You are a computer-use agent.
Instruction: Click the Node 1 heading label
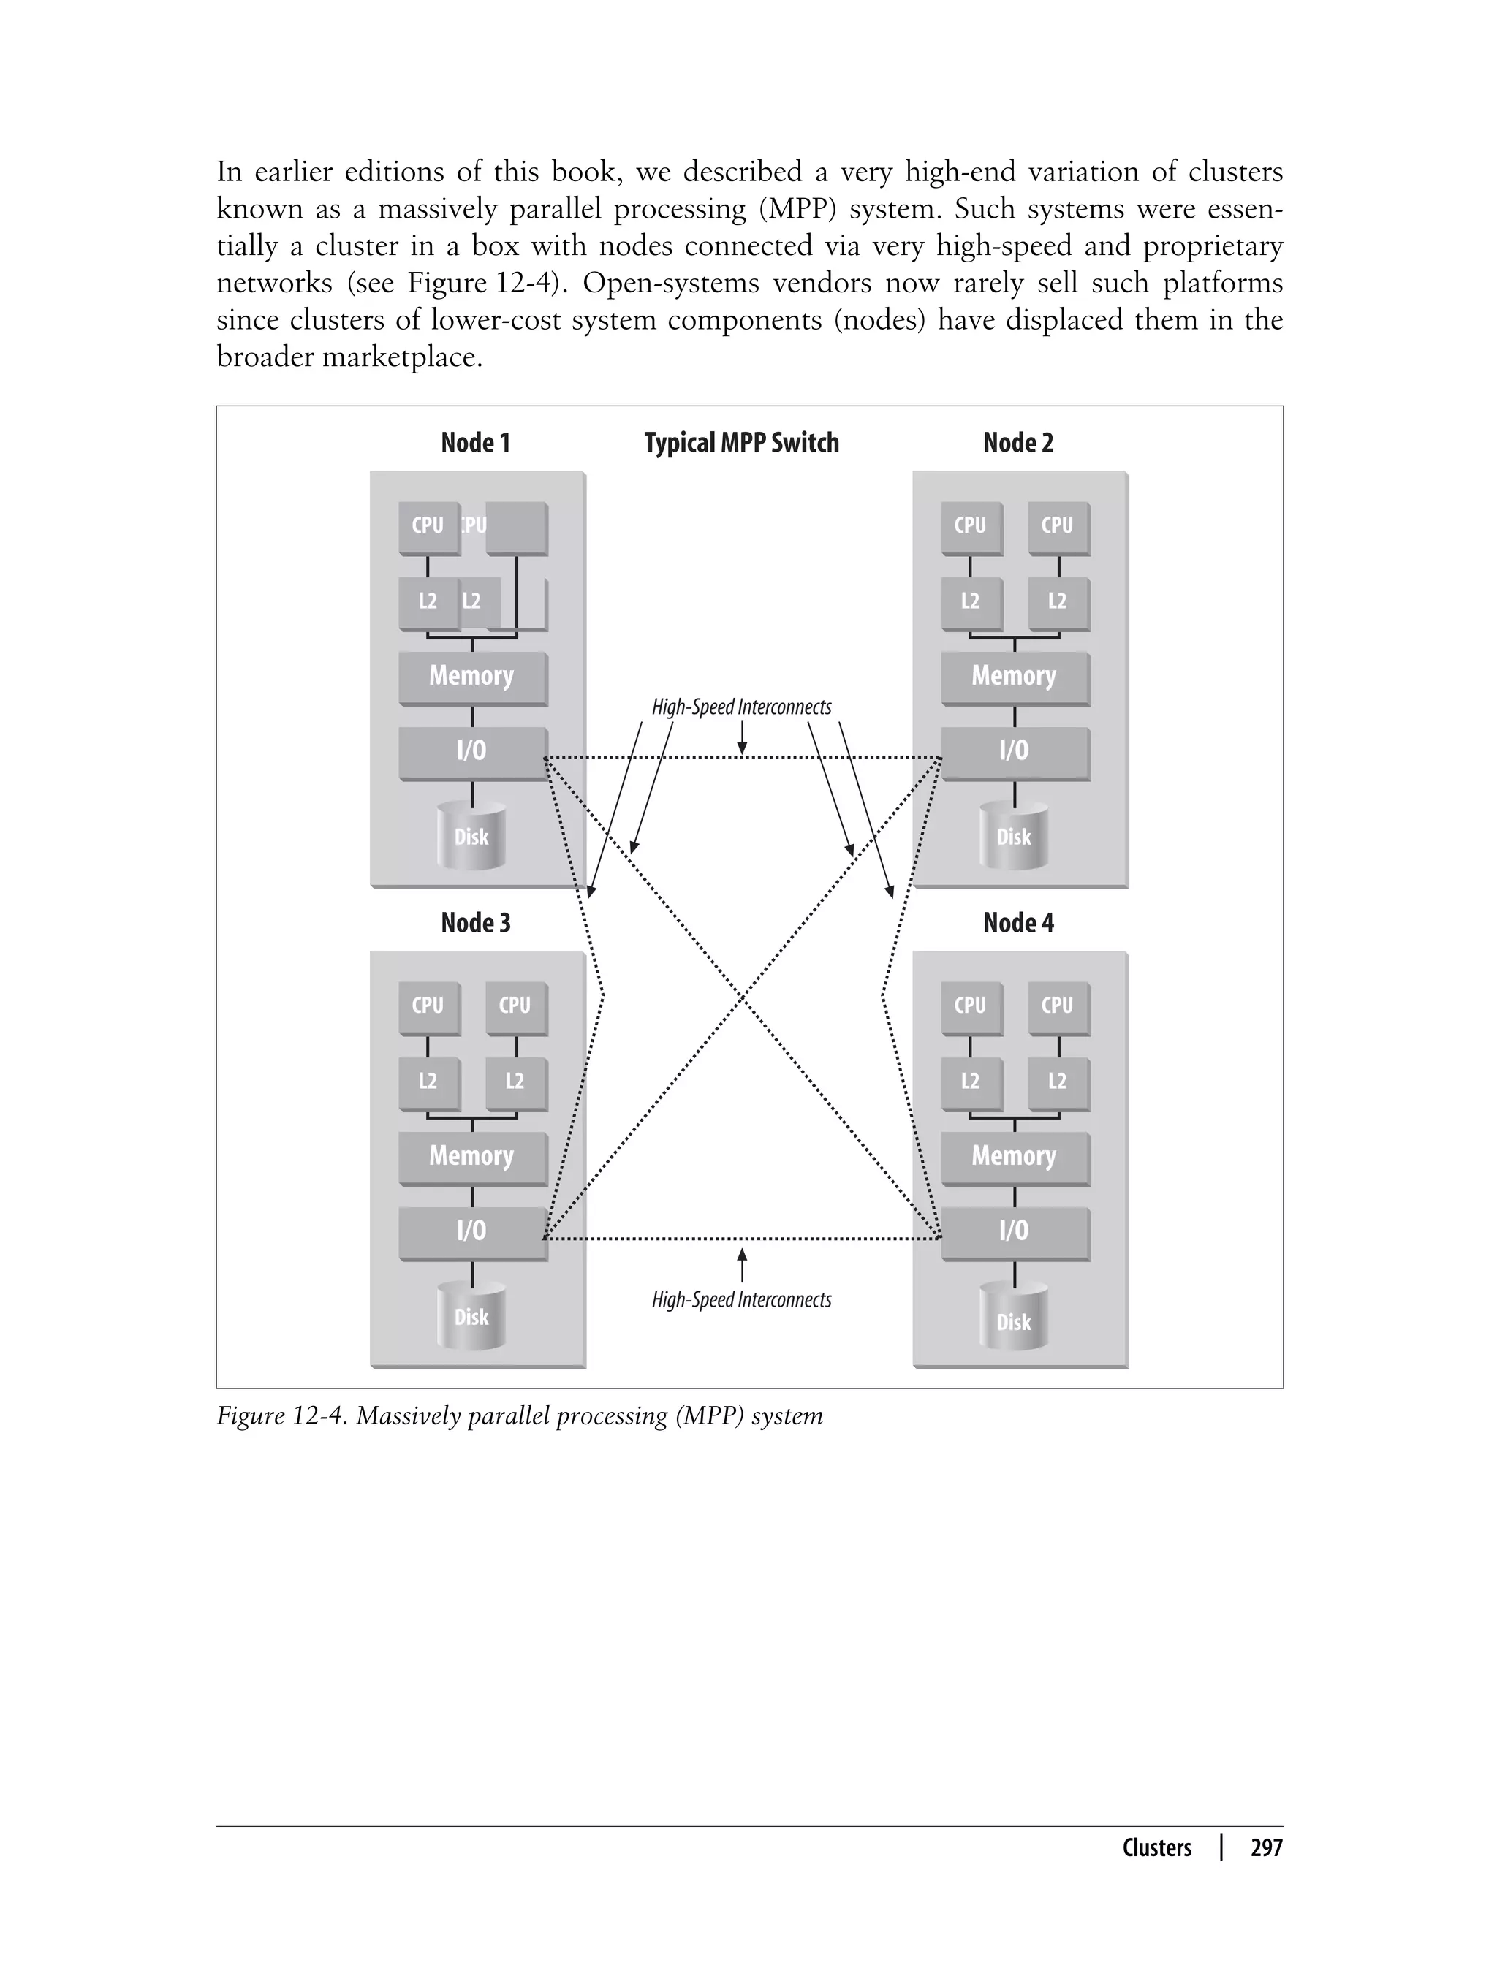[475, 443]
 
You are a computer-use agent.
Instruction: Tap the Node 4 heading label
[1017, 923]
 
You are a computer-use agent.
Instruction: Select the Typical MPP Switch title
[741, 443]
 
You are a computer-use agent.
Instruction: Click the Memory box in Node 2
[1014, 676]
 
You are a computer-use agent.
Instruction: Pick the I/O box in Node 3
[471, 1231]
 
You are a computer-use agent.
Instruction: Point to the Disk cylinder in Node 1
[471, 837]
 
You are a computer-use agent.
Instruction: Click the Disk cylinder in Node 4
[1013, 1321]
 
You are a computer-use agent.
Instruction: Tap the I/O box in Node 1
[471, 751]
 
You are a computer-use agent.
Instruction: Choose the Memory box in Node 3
[471, 1156]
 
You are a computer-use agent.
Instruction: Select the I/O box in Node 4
[1014, 1231]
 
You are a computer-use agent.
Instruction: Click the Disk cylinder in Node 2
[1013, 837]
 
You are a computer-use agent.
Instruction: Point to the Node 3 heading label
[475, 923]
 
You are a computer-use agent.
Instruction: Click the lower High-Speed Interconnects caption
[741, 1299]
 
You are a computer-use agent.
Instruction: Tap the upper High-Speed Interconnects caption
[741, 707]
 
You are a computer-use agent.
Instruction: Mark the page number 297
[1266, 1848]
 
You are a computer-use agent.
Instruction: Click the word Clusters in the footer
[1156, 1848]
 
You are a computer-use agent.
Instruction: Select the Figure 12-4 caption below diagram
[520, 1416]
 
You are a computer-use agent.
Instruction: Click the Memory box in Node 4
[1014, 1156]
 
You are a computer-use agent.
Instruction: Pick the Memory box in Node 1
[471, 676]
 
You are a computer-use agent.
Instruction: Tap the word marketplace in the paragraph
[401, 357]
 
